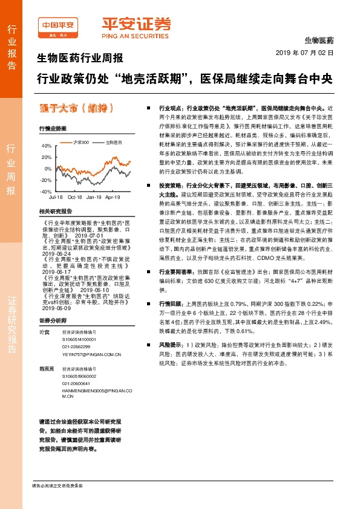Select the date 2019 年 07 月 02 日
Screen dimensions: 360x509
(x=309, y=53)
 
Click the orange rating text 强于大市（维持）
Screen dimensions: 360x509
(x=76, y=108)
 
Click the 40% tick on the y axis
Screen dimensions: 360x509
(x=47, y=146)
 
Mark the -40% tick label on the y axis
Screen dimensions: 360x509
(x=45, y=191)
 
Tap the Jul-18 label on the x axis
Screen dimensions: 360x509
(x=56, y=197)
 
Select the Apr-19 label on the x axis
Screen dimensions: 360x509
(x=113, y=197)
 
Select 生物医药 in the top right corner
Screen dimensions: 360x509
(x=318, y=40)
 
